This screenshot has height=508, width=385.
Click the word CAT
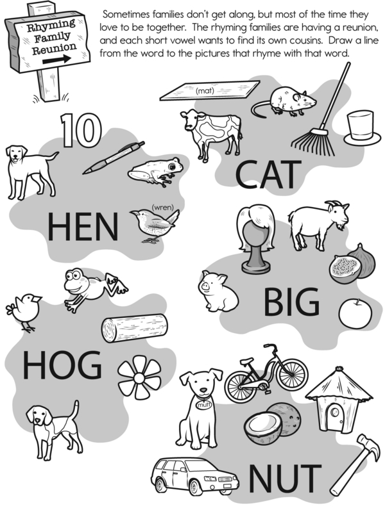(x=268, y=175)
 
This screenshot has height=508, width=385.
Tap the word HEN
(x=83, y=227)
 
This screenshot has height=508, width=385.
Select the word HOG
(x=62, y=365)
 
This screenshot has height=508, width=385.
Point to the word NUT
(x=285, y=478)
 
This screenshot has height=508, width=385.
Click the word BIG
(x=291, y=302)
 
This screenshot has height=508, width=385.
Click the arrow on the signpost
(x=57, y=60)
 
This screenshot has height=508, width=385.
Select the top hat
(x=362, y=128)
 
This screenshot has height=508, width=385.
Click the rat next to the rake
(x=284, y=101)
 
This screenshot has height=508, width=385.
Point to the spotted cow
(x=212, y=132)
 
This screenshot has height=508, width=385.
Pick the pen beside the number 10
(x=114, y=158)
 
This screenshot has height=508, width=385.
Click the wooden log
(x=134, y=327)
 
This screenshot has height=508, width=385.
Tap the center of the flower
(x=139, y=378)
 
